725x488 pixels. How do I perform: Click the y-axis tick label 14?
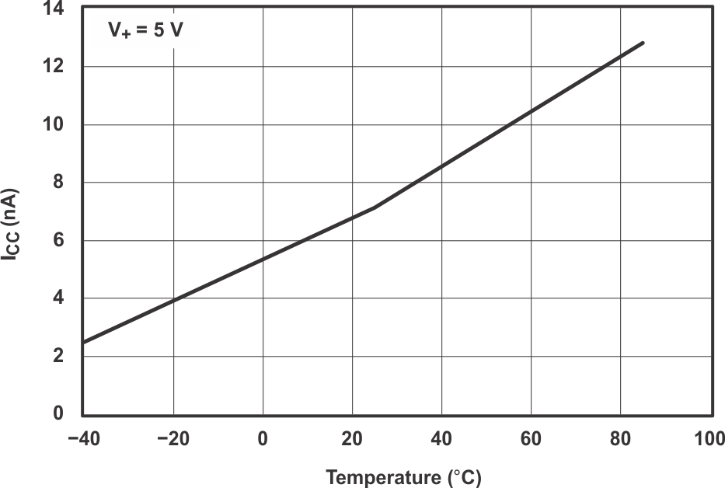coord(57,9)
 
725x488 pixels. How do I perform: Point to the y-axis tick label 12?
coord(57,67)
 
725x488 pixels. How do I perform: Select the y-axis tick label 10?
coord(57,124)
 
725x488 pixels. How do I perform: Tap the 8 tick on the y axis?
coord(62,183)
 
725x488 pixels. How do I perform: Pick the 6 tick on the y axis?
coord(62,240)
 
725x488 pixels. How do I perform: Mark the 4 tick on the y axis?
coord(62,298)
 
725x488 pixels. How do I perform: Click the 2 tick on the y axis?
coord(62,356)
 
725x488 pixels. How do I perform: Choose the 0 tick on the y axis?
coord(62,413)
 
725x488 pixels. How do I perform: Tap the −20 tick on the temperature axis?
coord(173,439)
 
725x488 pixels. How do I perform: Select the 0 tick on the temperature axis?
coord(263,439)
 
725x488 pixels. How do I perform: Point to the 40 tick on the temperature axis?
coord(441,439)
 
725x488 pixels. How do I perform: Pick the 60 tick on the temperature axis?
coord(531,439)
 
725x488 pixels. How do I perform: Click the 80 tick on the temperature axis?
coord(620,439)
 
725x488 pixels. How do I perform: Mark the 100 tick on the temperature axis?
coord(709,439)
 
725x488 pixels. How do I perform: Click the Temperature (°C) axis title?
coord(403,477)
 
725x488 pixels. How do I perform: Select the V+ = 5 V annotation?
coord(145,33)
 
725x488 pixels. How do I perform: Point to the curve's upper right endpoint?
coord(643,43)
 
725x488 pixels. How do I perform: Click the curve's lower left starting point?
coord(84,342)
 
